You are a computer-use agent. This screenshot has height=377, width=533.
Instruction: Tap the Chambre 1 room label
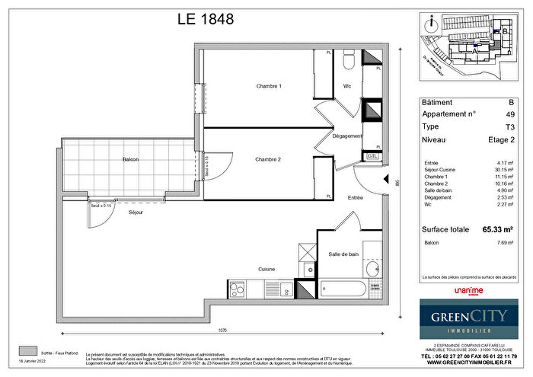[x=269, y=87]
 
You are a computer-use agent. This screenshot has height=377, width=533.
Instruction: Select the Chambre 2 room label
[x=269, y=159]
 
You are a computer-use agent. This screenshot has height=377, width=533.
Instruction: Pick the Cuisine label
[x=266, y=270]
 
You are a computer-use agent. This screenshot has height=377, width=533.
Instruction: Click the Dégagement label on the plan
[x=347, y=136]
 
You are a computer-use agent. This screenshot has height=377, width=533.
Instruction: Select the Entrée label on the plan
[x=355, y=198]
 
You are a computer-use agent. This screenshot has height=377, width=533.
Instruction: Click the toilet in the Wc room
[x=349, y=60]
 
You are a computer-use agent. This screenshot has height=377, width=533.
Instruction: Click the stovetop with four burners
[x=237, y=289]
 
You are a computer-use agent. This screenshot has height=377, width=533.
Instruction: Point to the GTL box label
[x=372, y=155]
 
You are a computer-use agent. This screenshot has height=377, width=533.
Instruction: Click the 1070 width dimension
[x=221, y=331]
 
